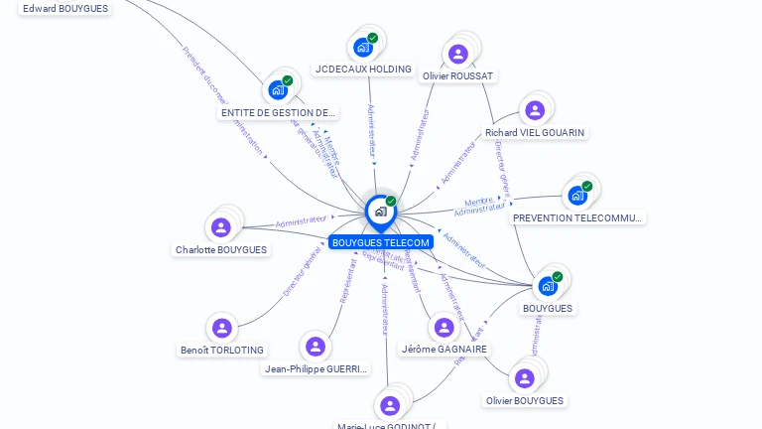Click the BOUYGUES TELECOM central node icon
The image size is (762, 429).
[379, 211]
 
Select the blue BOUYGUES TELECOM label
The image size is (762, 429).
[381, 242]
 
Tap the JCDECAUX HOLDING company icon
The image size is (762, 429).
[362, 46]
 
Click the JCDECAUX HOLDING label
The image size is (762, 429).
[362, 70]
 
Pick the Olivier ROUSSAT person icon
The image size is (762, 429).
[457, 54]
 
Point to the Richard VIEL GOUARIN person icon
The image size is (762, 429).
[535, 109]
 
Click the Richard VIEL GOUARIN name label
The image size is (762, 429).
[535, 132]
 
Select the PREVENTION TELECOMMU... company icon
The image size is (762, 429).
[576, 195]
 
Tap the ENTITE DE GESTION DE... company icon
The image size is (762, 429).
[278, 89]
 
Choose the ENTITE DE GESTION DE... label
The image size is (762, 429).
[279, 113]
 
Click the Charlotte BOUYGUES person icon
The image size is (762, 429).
[221, 227]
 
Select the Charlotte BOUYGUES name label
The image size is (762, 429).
[221, 250]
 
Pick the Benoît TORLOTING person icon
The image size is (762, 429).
[221, 327]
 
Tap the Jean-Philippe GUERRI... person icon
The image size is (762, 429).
[316, 346]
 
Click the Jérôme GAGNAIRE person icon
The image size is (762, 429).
[444, 327]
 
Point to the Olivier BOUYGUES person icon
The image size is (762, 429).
[525, 378]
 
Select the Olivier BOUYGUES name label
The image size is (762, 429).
[525, 401]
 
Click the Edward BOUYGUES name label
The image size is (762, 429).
[65, 9]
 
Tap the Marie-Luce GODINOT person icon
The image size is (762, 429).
[390, 404]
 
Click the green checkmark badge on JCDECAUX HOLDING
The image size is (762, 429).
[372, 38]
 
